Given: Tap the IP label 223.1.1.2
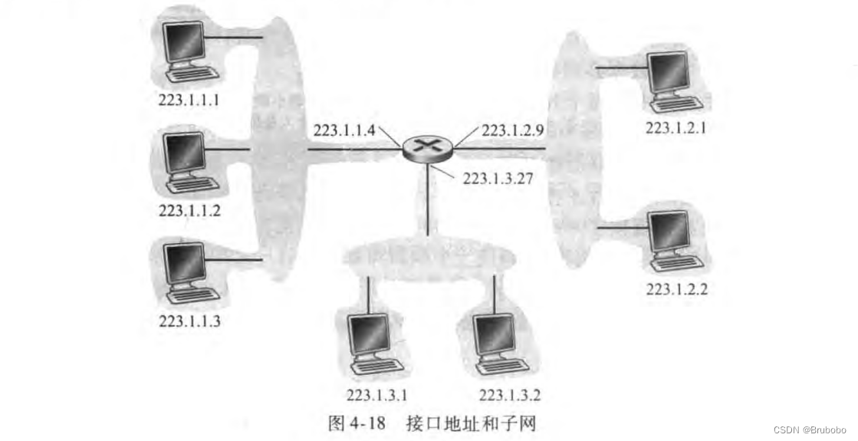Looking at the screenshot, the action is (x=189, y=209).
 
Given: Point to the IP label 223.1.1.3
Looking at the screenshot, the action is (x=189, y=321).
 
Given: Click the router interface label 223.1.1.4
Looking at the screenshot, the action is (x=344, y=130).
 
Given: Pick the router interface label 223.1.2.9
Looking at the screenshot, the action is (x=513, y=130).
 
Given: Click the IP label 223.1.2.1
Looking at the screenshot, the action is (x=676, y=128).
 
